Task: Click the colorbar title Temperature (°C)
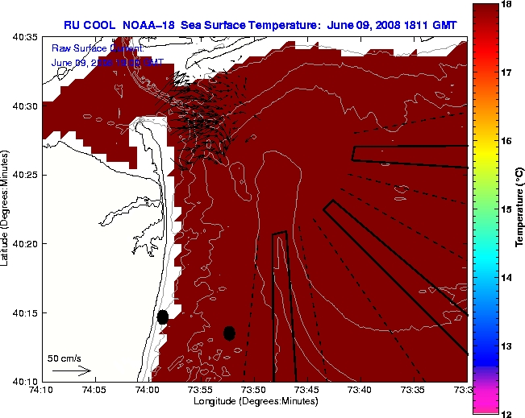click(x=520, y=209)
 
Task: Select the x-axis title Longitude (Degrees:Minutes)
click(x=254, y=401)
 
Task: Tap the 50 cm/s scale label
click(x=65, y=358)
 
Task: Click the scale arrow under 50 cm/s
click(x=72, y=371)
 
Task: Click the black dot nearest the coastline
click(x=163, y=317)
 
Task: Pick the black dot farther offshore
click(x=230, y=333)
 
